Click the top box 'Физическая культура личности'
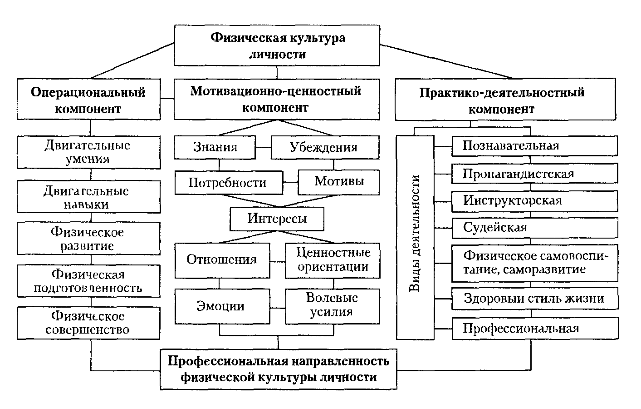tap(277, 45)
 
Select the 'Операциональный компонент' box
tap(88, 100)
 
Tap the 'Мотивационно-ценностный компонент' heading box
tap(276, 99)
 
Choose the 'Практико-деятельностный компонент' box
tap(505, 100)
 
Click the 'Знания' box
tap(215, 147)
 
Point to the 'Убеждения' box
tap(324, 147)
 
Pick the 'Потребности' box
tap(228, 183)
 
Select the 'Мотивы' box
tap(338, 182)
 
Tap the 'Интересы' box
tap(277, 219)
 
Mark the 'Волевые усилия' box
tap(332, 306)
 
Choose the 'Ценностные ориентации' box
tap(332, 260)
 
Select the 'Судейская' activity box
tap(534, 227)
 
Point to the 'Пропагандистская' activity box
tap(534, 174)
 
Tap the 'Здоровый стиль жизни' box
tap(534, 299)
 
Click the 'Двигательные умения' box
tap(88, 152)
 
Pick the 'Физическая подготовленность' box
tap(88, 281)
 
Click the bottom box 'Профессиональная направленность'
tap(278, 369)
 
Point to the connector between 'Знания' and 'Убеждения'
tap(263, 147)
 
